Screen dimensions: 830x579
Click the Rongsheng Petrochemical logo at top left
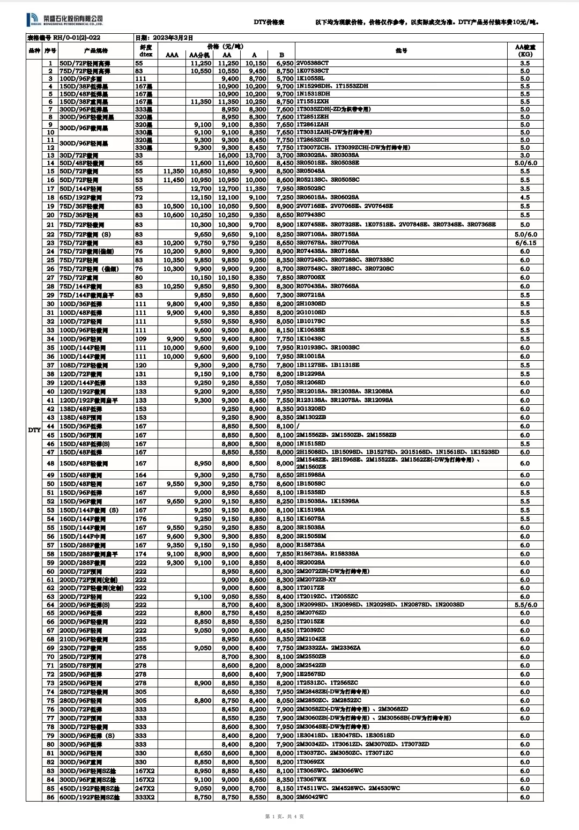coord(64,20)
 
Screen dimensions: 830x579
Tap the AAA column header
coord(172,55)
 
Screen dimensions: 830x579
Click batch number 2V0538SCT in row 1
coord(313,63)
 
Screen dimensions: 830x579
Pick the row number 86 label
coord(50,797)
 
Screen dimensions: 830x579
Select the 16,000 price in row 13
coord(228,155)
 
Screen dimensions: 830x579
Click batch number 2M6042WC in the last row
coord(311,797)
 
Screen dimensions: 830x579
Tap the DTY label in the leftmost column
coord(34,430)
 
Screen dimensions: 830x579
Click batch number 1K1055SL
coord(310,78)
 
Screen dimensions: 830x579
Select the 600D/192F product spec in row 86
coord(89,797)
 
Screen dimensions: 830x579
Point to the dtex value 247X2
coord(145,789)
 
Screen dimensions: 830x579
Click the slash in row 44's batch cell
coord(298,426)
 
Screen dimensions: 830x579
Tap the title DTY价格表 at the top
coord(269,23)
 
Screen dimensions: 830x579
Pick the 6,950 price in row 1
coord(285,63)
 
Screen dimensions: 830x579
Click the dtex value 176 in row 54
coord(140,519)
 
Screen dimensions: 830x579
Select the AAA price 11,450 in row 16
coord(173,180)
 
